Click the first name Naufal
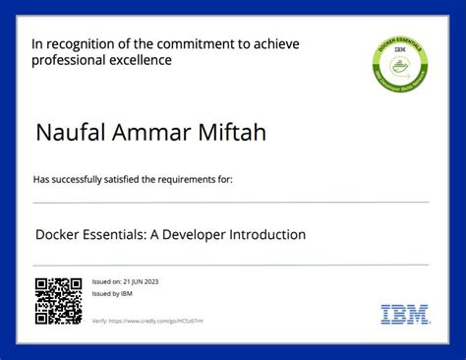(68, 132)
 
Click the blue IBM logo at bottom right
(404, 315)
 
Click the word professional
(66, 60)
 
